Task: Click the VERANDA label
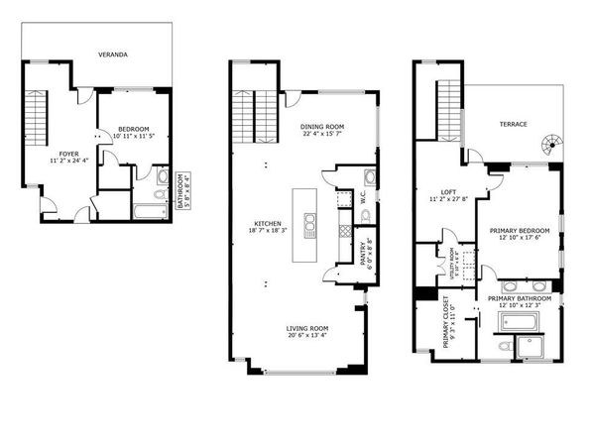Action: pyautogui.click(x=111, y=55)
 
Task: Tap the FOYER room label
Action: pyautogui.click(x=68, y=156)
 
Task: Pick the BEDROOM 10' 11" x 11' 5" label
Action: pyautogui.click(x=134, y=133)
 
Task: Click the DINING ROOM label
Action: pyautogui.click(x=321, y=130)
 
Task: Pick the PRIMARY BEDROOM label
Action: pyautogui.click(x=520, y=235)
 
